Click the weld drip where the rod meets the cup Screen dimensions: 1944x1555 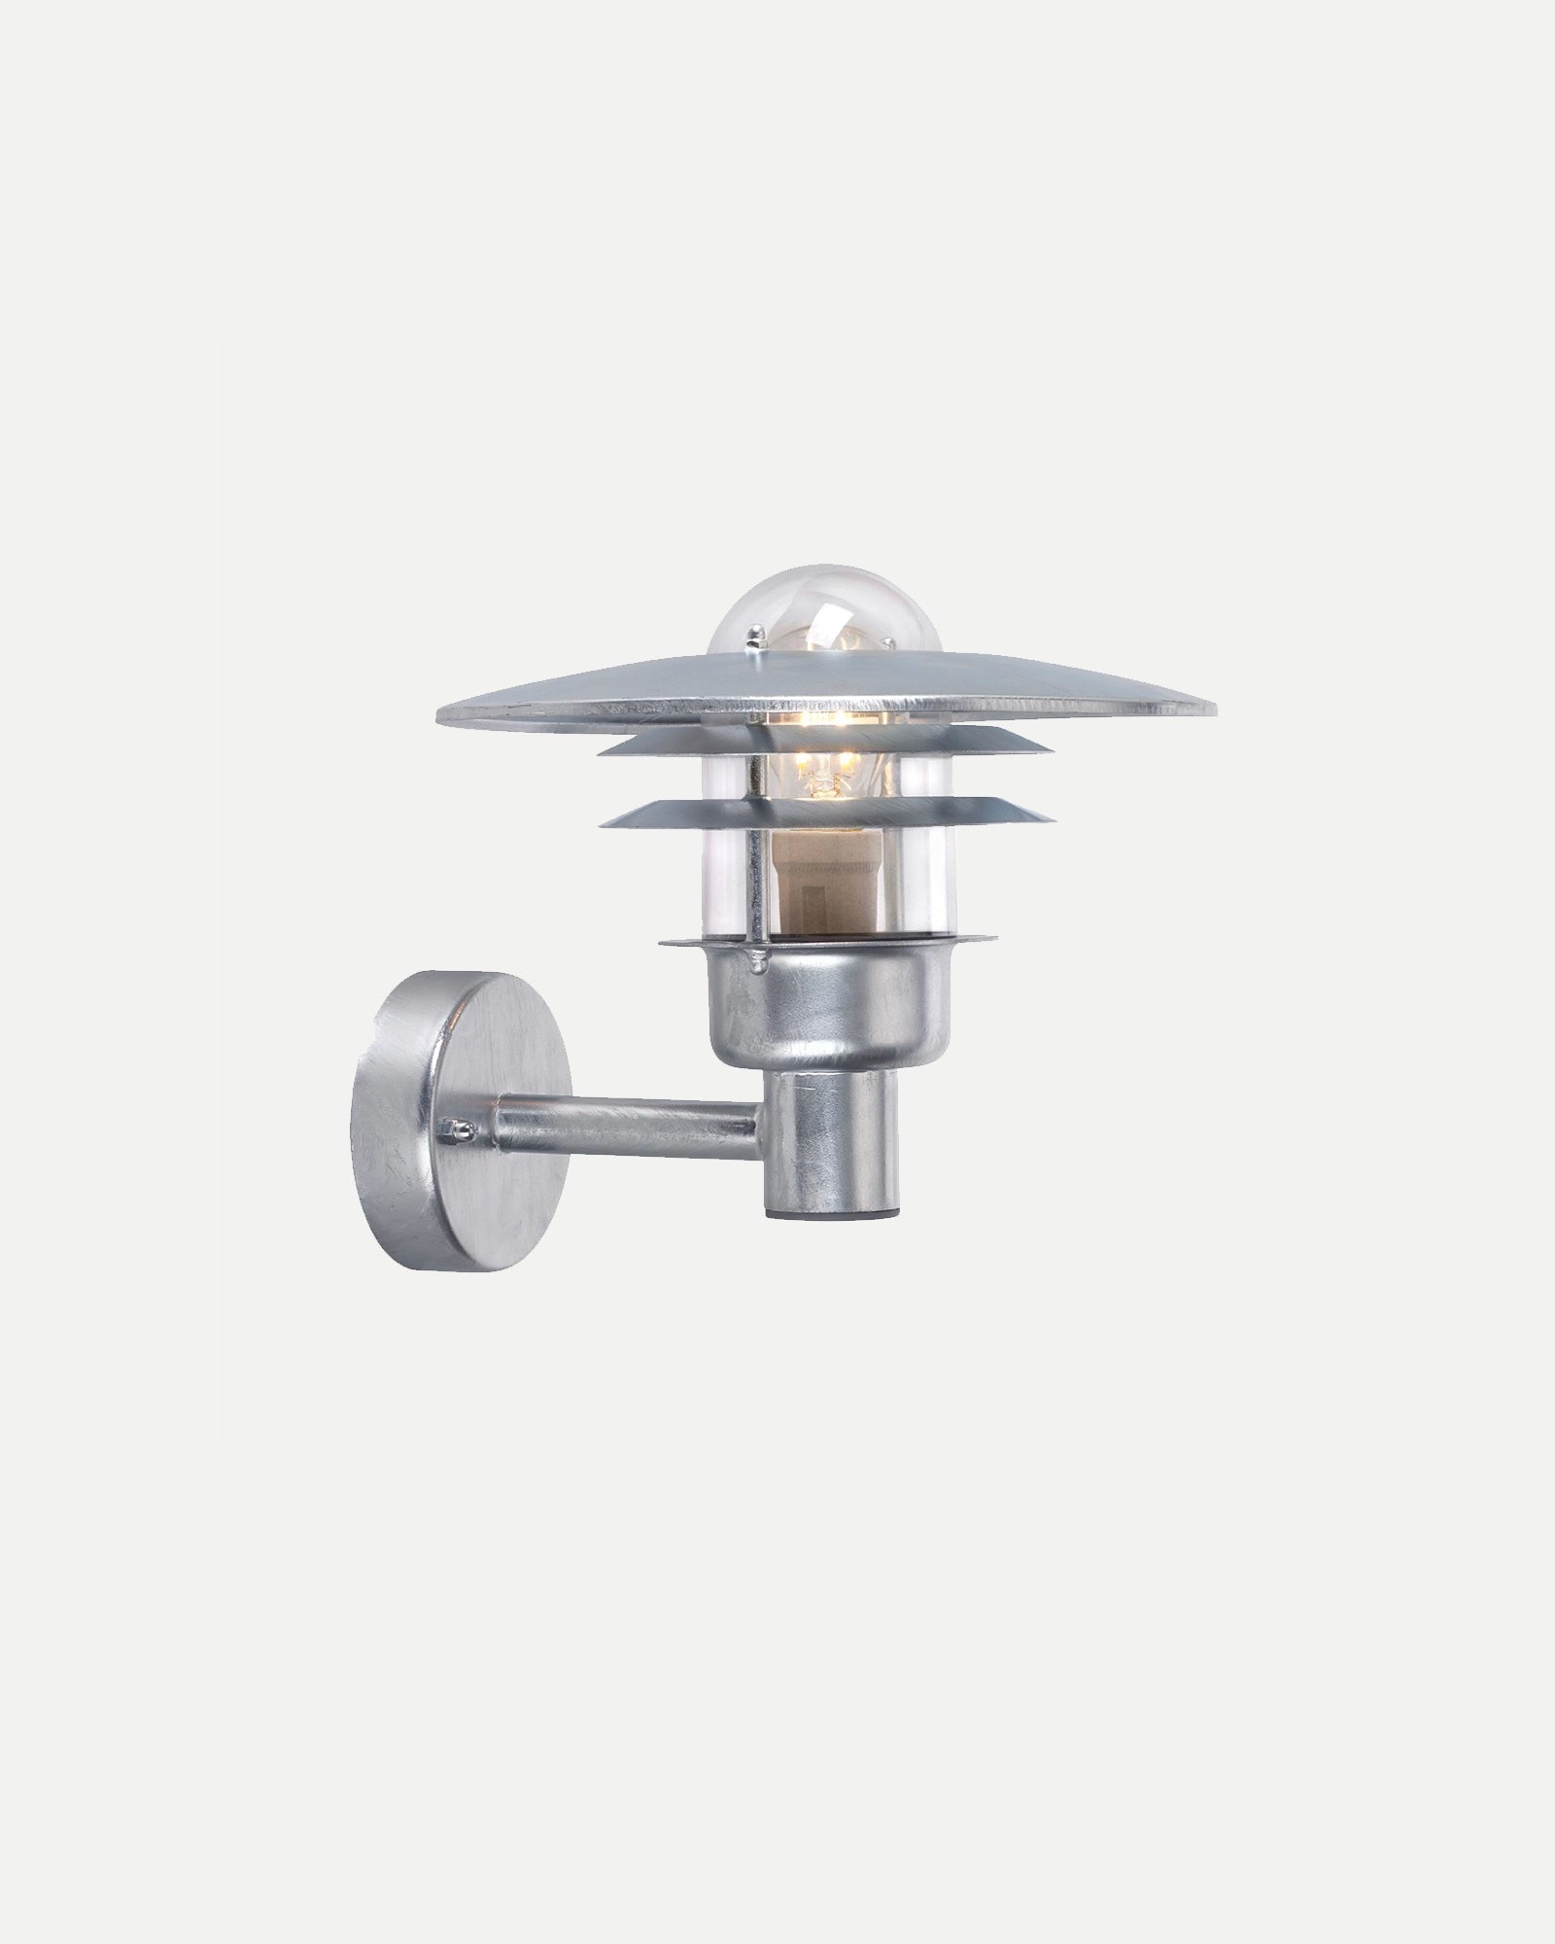click(x=756, y=963)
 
